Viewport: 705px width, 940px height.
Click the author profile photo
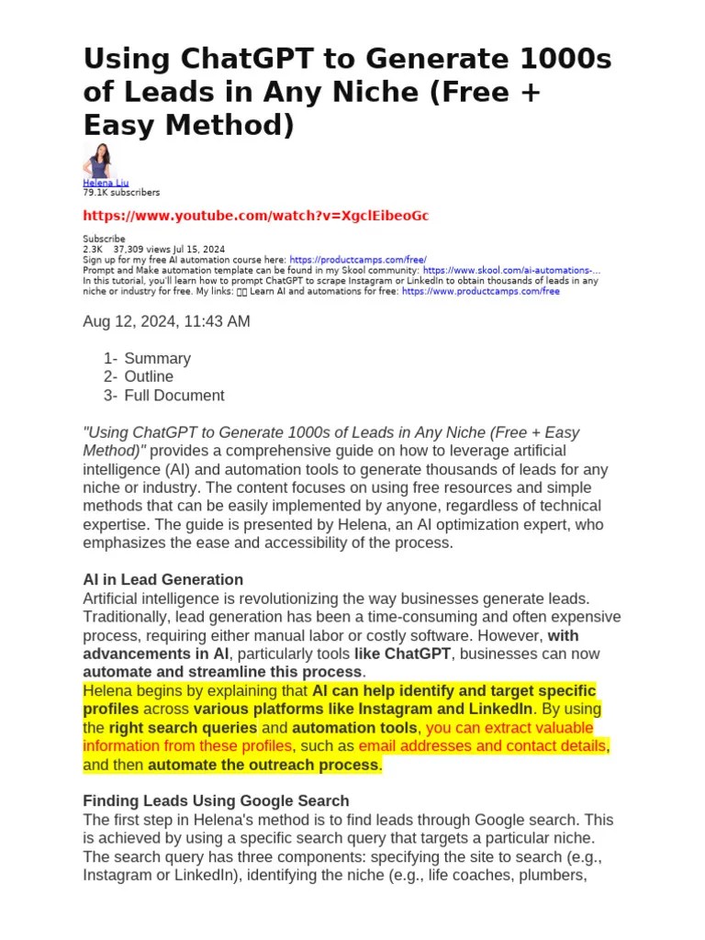(97, 161)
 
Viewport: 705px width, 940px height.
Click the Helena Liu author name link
(106, 184)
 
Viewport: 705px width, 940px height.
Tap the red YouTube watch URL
(255, 217)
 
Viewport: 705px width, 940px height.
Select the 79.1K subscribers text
(121, 193)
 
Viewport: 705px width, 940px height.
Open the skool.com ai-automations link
(511, 271)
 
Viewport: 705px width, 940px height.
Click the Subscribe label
(104, 239)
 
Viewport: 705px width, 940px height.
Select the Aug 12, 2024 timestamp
(166, 321)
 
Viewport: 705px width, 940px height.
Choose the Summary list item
(157, 358)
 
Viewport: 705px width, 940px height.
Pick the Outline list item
(149, 376)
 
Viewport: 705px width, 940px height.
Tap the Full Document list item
(174, 396)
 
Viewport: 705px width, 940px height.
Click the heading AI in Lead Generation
(162, 579)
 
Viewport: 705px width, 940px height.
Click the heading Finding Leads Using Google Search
(216, 800)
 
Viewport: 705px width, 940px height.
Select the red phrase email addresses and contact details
(483, 746)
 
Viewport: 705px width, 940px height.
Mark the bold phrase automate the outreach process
(263, 765)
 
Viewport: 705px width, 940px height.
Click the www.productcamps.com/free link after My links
(480, 292)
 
